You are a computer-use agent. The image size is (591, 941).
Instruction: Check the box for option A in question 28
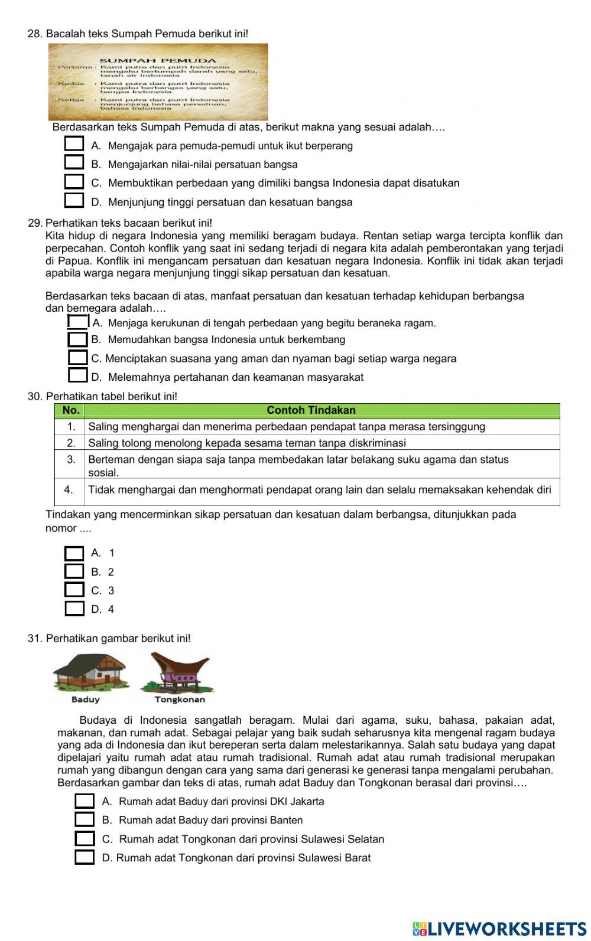coord(74,145)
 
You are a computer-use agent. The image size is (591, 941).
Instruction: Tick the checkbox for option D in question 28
coord(74,201)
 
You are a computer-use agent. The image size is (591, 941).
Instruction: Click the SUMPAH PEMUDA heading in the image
coord(158,60)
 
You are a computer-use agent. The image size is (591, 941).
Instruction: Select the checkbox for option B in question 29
coord(77,339)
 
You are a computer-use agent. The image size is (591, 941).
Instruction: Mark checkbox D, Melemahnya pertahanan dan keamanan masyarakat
coord(77,376)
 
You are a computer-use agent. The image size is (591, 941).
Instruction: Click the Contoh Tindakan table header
coord(311,410)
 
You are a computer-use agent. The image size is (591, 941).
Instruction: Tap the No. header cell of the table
coord(70,410)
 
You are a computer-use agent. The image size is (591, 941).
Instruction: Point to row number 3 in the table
coord(70,460)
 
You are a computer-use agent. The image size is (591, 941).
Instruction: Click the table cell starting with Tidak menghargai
coord(319,489)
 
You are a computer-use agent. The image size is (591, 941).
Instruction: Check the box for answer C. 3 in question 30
coord(74,590)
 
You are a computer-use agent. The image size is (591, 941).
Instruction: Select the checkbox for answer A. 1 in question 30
coord(74,553)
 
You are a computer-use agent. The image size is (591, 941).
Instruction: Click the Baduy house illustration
coord(89,673)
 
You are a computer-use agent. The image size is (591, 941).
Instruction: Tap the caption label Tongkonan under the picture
coord(180,700)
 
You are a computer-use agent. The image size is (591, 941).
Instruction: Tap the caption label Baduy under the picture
coord(86,700)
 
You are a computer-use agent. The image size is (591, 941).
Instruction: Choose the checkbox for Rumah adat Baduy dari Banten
coord(85,820)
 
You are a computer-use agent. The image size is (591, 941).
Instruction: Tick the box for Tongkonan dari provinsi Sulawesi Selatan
coord(85,839)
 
